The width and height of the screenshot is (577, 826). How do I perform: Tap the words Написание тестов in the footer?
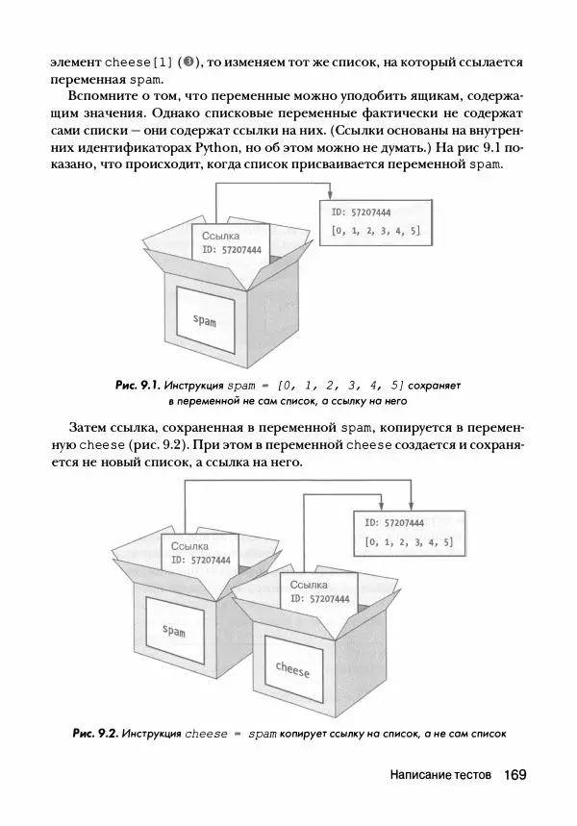[440, 775]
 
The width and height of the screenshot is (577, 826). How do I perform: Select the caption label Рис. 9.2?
[95, 734]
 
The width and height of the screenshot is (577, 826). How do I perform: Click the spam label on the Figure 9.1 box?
[205, 320]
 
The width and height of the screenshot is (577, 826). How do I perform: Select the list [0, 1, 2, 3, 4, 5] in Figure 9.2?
[409, 542]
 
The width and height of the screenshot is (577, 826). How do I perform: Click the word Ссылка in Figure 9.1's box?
[220, 235]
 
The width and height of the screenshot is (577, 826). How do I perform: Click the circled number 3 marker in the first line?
[190, 62]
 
